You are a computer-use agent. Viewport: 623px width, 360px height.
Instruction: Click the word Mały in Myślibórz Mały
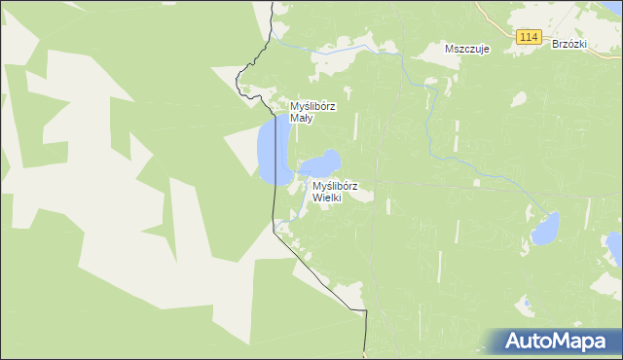click(x=301, y=119)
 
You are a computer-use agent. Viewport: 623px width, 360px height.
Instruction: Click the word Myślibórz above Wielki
click(x=335, y=186)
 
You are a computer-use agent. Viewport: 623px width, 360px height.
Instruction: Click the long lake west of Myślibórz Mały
click(x=270, y=151)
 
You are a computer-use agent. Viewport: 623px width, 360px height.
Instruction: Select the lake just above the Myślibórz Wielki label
click(x=323, y=163)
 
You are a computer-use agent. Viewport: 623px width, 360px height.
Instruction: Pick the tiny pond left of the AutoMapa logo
click(x=526, y=304)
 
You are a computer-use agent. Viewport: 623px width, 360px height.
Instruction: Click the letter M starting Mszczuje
click(x=448, y=48)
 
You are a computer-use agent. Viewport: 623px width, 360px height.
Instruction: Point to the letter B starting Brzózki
click(x=555, y=44)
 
